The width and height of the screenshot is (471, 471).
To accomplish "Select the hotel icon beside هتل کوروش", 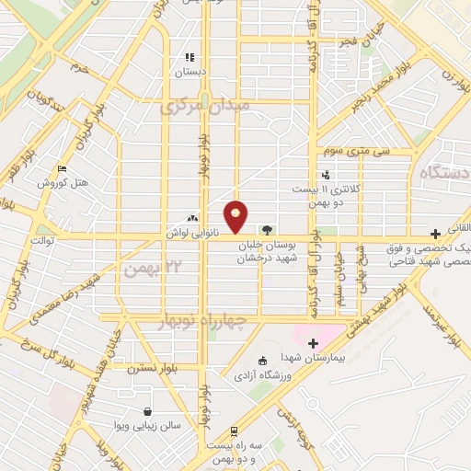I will (62, 168).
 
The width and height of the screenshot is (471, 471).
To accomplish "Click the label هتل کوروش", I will (62, 182).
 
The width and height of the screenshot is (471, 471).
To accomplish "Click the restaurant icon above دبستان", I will (190, 57).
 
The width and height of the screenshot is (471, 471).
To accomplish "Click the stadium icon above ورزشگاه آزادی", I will (264, 361).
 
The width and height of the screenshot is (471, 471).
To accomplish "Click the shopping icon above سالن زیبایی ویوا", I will (146, 411).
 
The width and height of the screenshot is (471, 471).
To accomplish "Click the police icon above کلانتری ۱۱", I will (326, 175).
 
